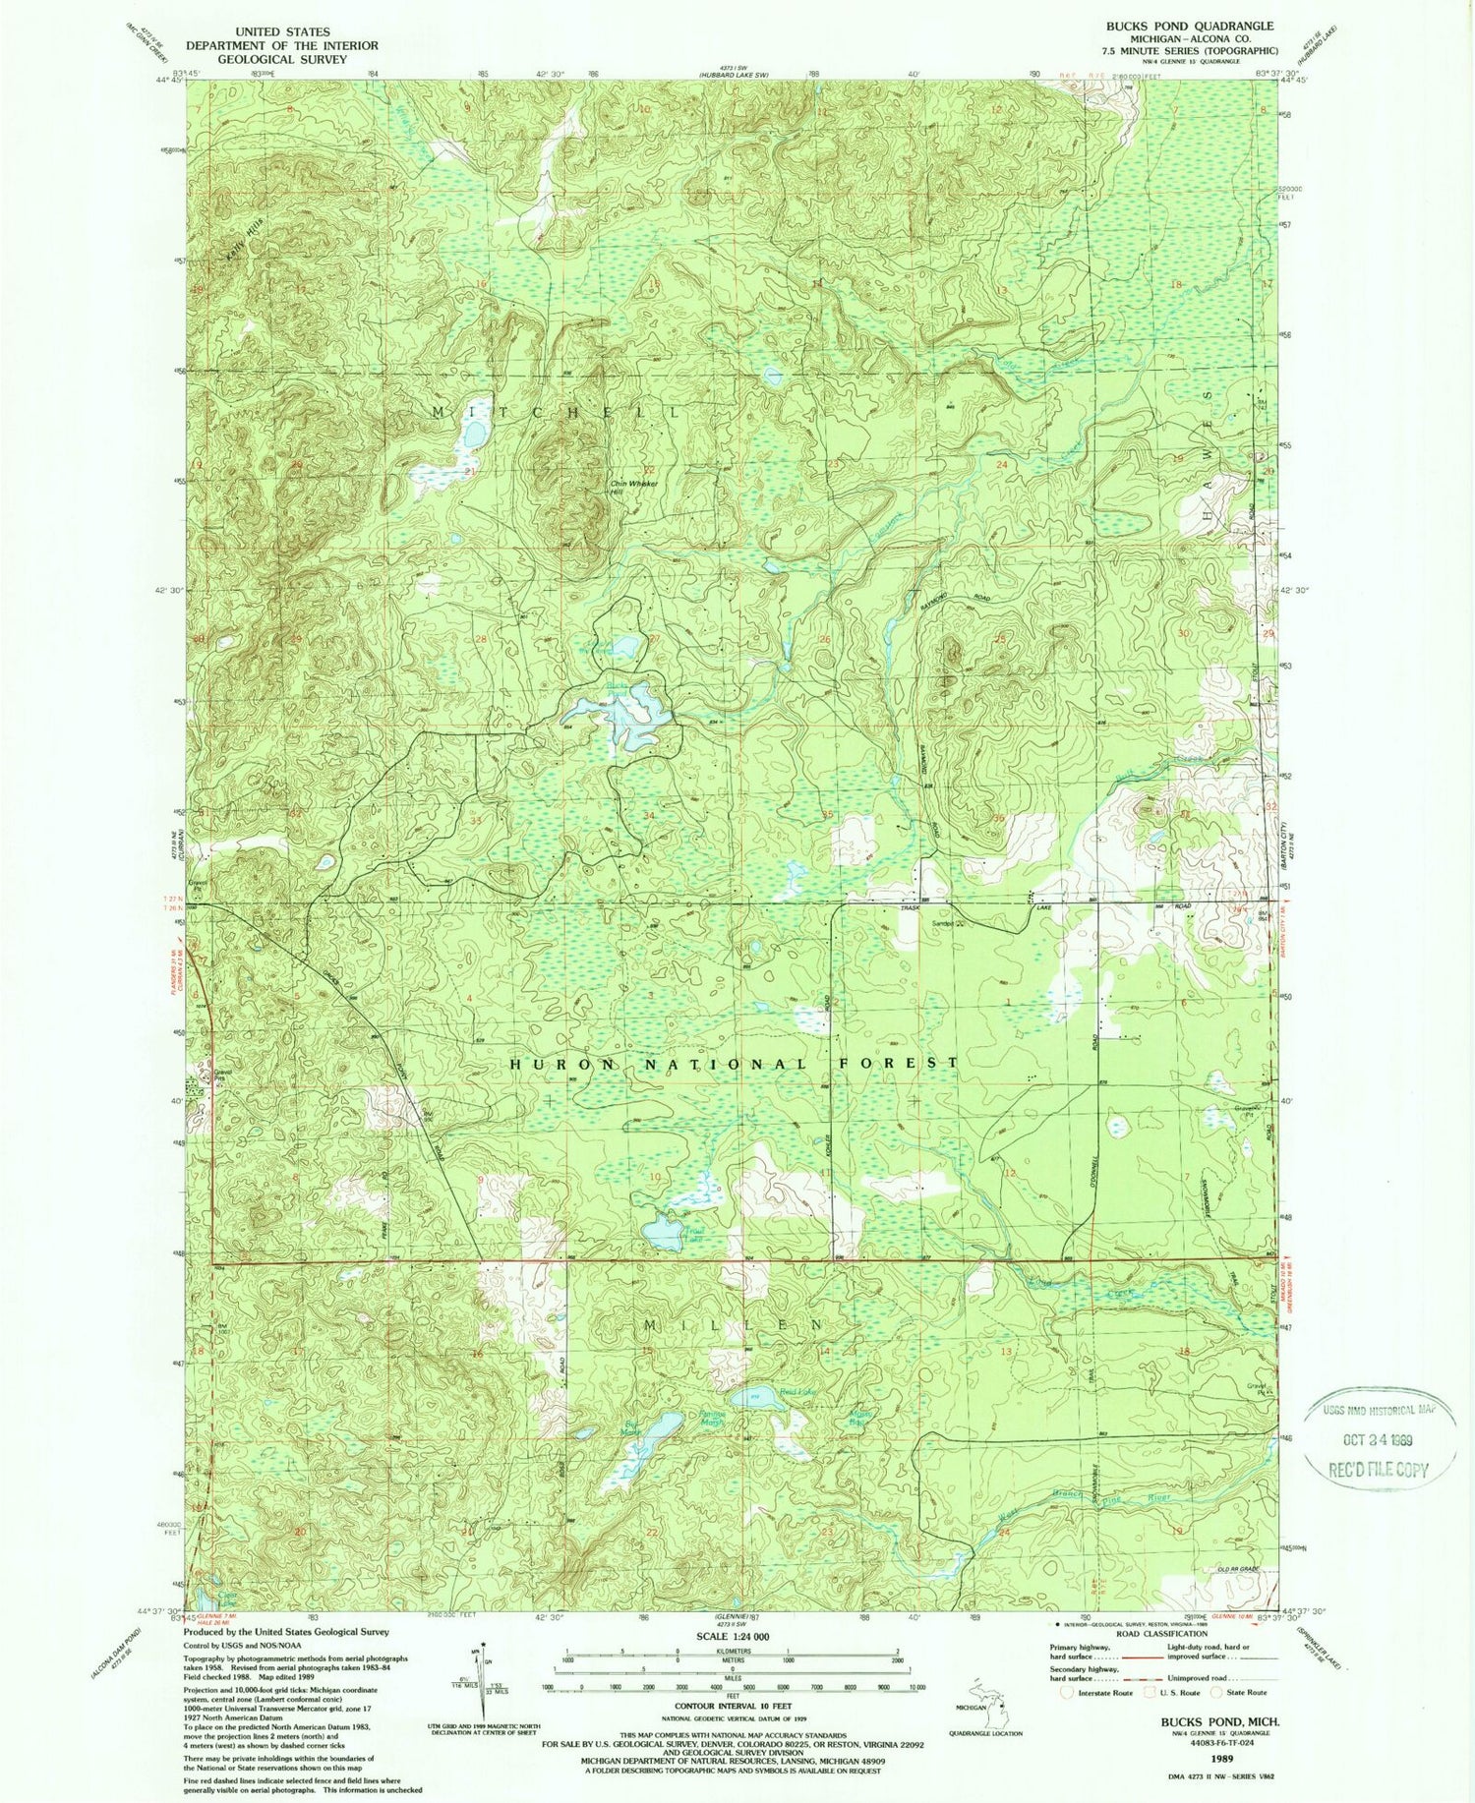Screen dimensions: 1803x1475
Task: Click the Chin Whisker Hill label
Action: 630,487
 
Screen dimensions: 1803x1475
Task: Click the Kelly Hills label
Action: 234,239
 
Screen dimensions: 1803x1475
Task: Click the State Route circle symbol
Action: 1217,1692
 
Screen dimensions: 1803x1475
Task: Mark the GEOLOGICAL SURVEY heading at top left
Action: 283,59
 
